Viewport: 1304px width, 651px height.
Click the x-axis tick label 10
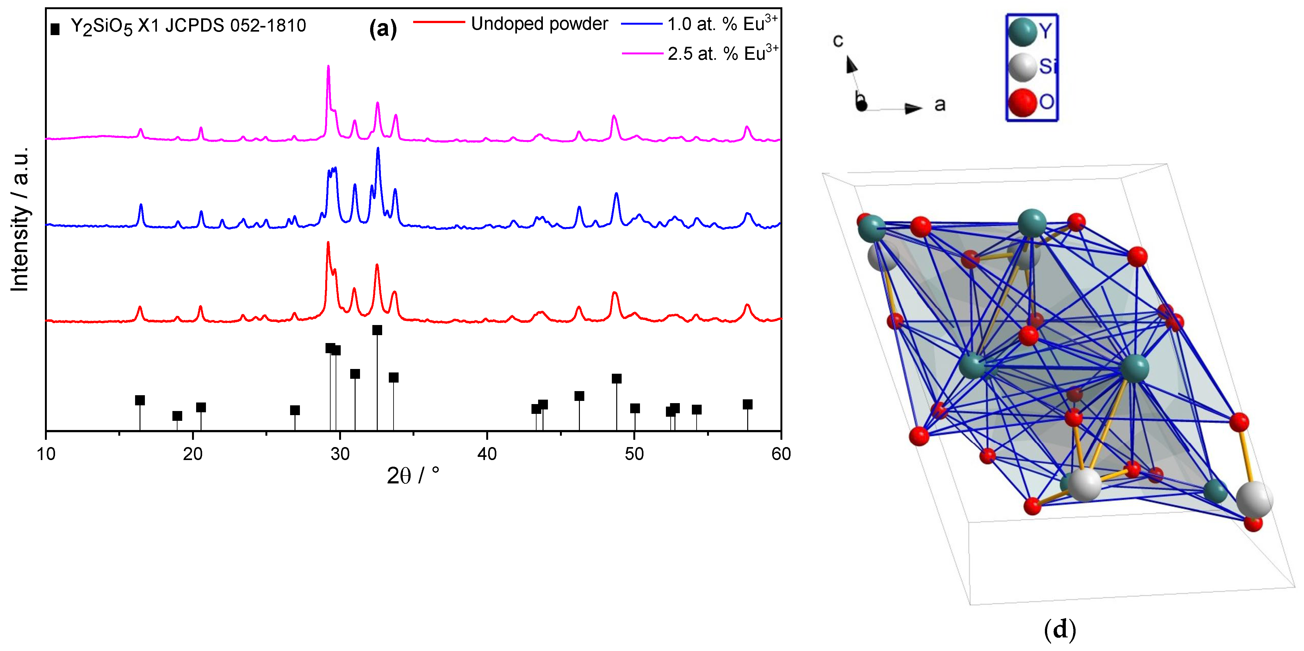pos(46,454)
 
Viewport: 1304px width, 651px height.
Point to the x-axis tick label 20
pos(193,454)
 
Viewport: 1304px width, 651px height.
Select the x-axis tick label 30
pos(340,454)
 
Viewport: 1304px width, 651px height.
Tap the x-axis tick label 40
pos(487,454)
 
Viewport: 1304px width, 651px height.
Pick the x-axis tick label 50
pos(634,454)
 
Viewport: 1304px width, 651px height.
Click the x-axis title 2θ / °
pos(413,476)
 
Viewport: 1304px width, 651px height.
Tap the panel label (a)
pos(383,28)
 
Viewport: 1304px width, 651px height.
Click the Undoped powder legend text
pos(539,24)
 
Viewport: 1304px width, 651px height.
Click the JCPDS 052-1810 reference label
pos(188,25)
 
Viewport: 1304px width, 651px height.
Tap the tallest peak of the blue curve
pos(378,148)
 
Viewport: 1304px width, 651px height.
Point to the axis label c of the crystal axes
pos(838,40)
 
